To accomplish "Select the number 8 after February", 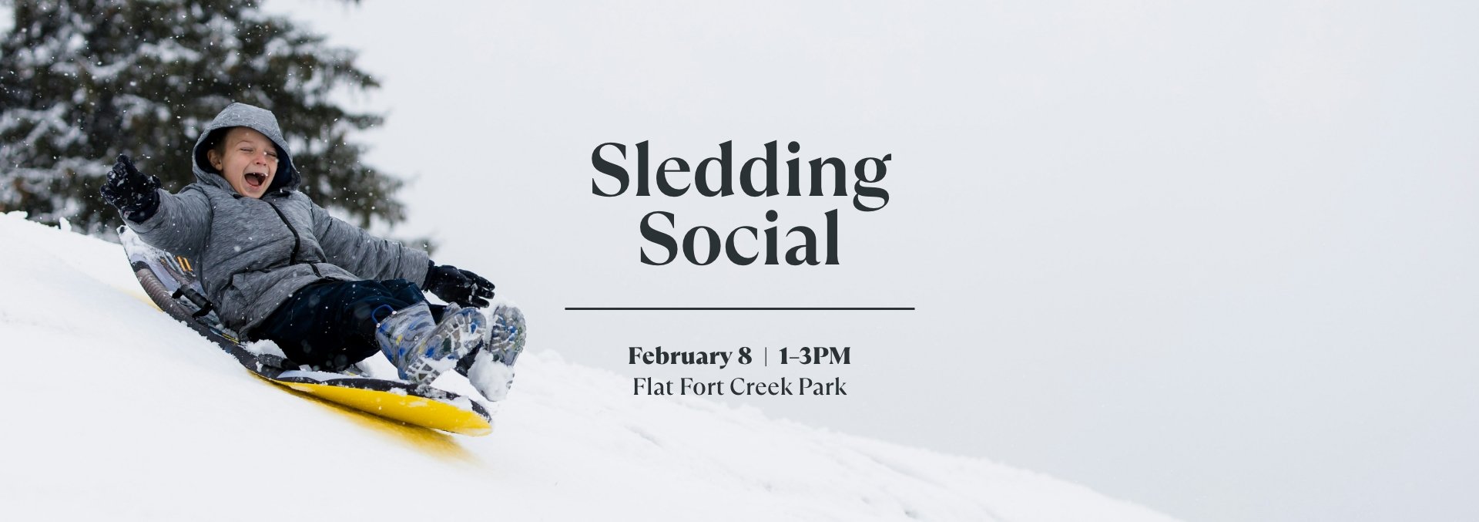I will click(x=743, y=356).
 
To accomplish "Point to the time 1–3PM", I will click(x=815, y=356).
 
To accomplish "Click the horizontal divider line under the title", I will click(x=739, y=308).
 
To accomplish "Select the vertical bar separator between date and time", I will click(x=766, y=356).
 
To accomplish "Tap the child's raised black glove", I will click(x=128, y=186).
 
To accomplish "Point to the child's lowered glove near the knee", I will click(x=461, y=284).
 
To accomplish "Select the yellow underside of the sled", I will click(x=401, y=405).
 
